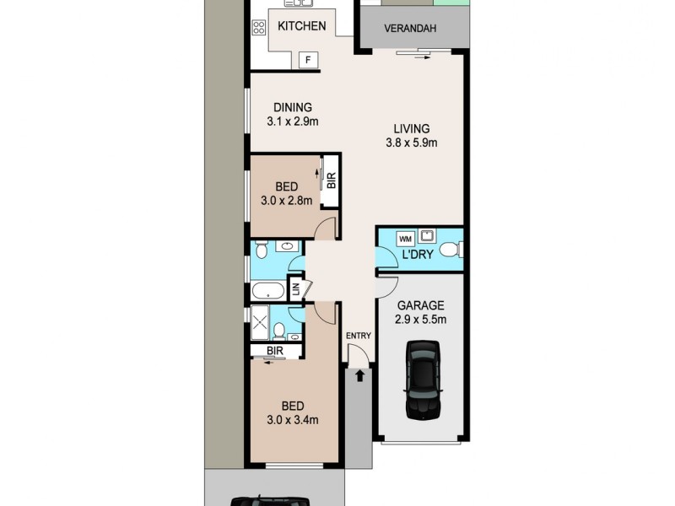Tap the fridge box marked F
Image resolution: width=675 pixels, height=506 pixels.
309,59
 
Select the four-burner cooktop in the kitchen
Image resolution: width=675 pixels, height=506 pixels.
258,27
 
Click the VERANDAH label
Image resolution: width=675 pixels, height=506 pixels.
410,29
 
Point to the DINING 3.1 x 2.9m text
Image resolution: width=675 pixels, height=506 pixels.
292,114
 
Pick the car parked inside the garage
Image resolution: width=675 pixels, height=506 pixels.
423,379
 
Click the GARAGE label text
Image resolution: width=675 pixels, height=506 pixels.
419,304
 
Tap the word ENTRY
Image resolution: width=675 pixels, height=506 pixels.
358,336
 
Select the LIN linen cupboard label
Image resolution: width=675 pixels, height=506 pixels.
296,288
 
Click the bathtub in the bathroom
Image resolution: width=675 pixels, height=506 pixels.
269,293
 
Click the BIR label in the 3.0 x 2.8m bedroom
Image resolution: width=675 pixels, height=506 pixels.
331,180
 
